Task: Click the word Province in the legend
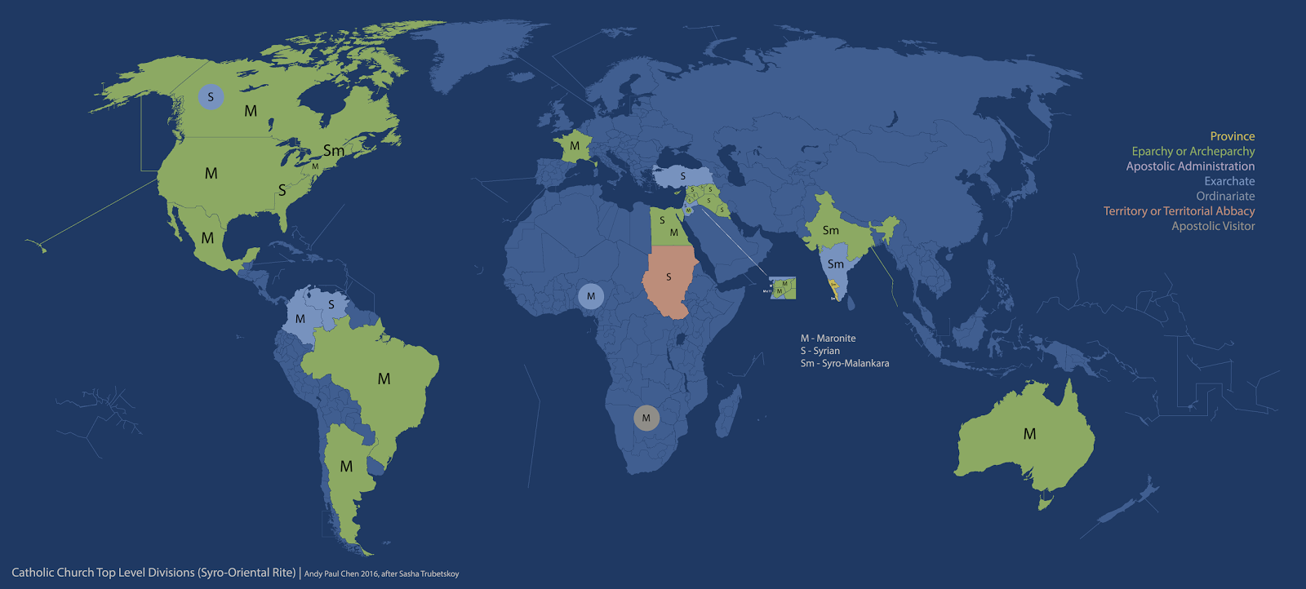click(x=1232, y=136)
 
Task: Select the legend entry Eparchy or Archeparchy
click(x=1193, y=151)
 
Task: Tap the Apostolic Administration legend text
click(x=1190, y=166)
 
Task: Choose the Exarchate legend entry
click(x=1229, y=181)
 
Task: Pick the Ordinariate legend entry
click(x=1225, y=196)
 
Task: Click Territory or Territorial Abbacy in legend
click(x=1179, y=211)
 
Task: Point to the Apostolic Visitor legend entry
click(x=1213, y=226)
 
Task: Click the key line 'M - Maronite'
click(x=828, y=338)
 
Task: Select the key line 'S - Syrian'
click(x=820, y=351)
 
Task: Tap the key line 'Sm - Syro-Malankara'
click(x=844, y=363)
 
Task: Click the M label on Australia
click(x=1029, y=434)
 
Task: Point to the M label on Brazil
click(x=384, y=379)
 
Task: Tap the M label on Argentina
click(x=346, y=467)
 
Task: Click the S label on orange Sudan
click(x=669, y=277)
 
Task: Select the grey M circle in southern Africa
click(x=646, y=418)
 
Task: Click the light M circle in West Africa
click(x=591, y=296)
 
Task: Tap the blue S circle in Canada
click(x=211, y=97)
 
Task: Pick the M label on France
click(x=575, y=146)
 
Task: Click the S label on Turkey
click(x=683, y=176)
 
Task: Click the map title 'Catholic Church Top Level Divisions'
click(x=153, y=573)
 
